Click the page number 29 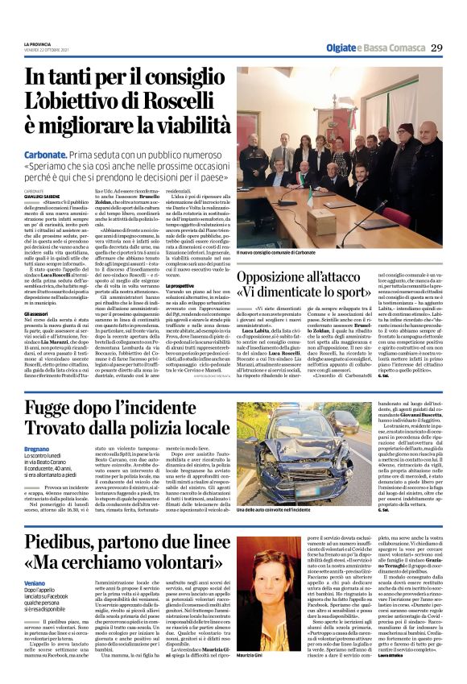[436, 48]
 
